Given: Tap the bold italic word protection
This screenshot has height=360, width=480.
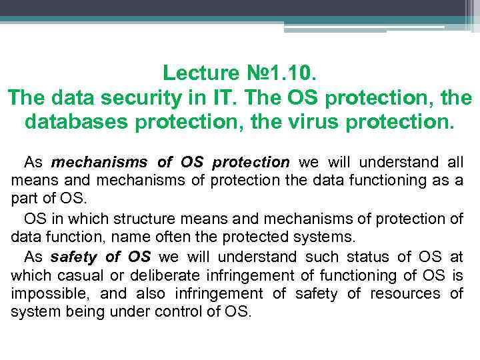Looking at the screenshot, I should [251, 162].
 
